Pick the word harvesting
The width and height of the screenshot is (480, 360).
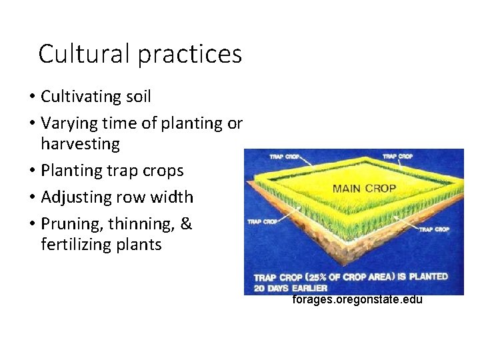click(x=80, y=144)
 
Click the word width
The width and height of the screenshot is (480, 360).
click(x=173, y=197)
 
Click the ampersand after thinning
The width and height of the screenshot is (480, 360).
click(x=186, y=224)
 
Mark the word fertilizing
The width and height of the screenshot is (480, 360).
click(x=75, y=245)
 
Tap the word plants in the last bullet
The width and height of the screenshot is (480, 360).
click(x=137, y=245)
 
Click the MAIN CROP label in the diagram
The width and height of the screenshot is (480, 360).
click(x=364, y=187)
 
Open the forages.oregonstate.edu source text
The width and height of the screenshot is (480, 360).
click(x=357, y=300)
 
